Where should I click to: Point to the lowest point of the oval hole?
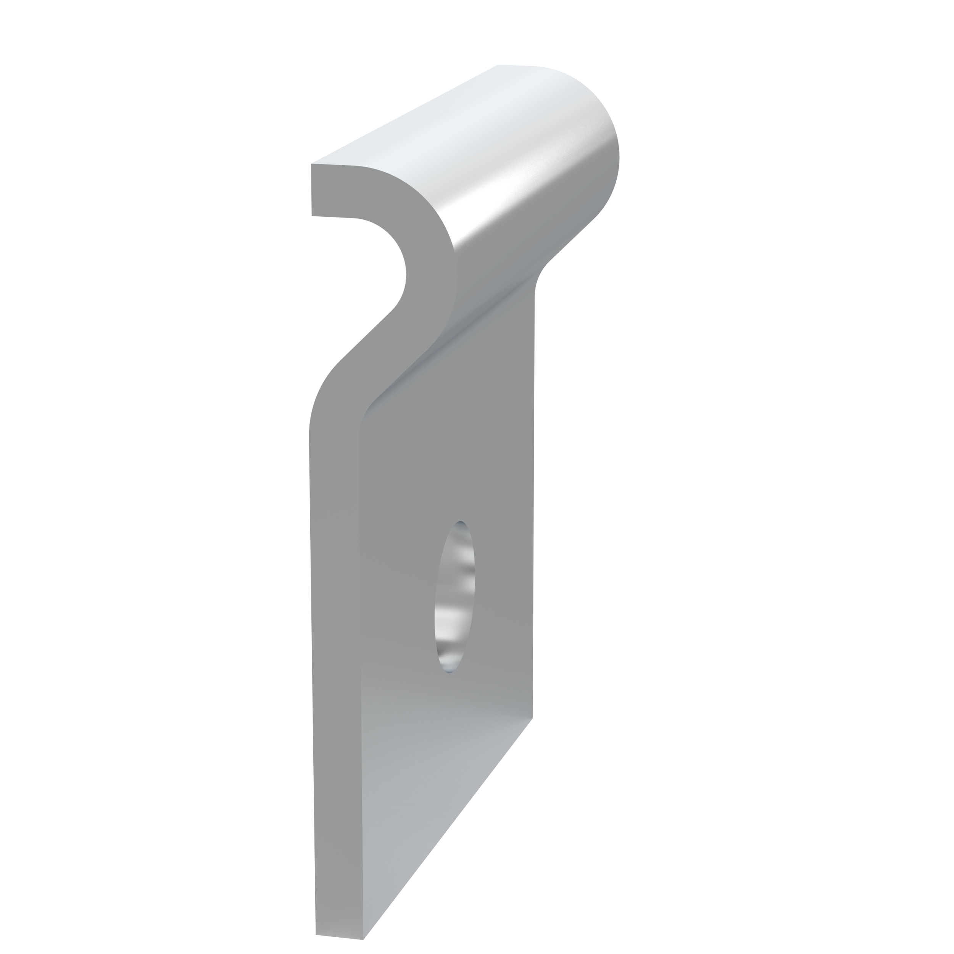449,672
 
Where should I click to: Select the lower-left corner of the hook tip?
312,216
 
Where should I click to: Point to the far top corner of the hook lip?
498,65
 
